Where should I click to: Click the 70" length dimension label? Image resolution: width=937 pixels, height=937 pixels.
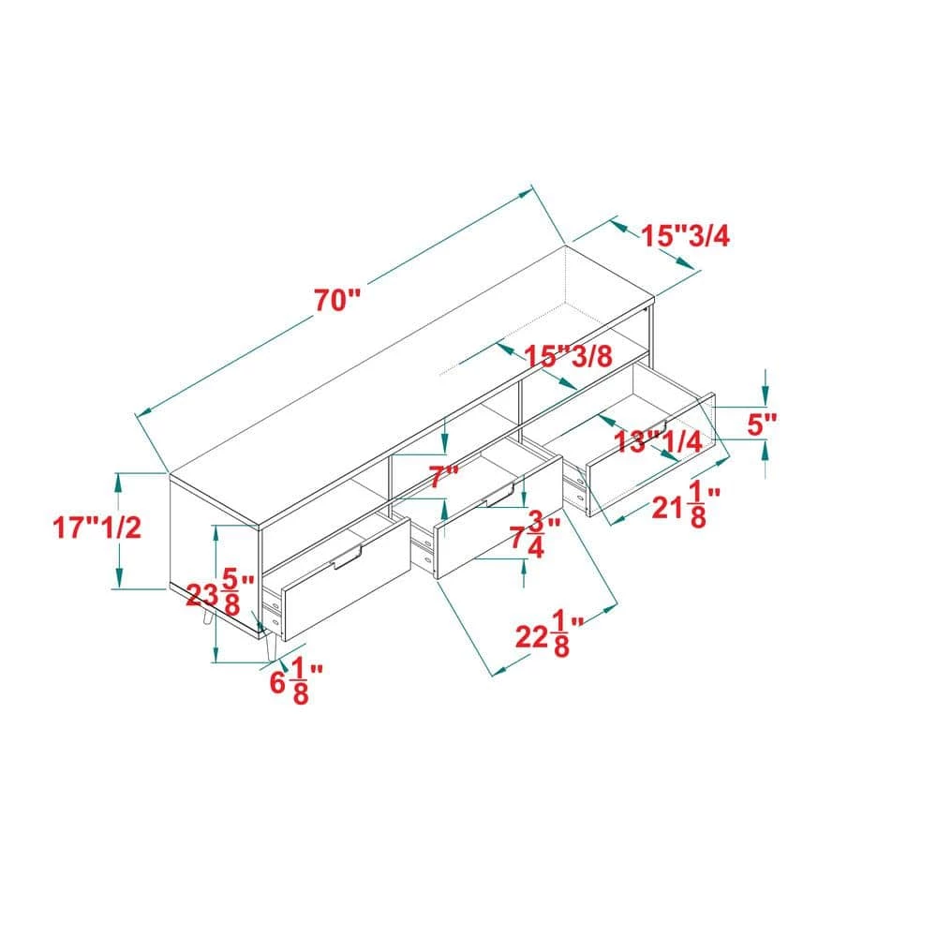click(x=338, y=300)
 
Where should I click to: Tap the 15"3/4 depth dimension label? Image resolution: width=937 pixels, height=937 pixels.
click(x=686, y=236)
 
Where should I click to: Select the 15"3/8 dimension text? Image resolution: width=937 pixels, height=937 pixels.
click(x=569, y=356)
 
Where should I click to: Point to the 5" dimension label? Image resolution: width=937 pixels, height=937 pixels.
click(x=762, y=424)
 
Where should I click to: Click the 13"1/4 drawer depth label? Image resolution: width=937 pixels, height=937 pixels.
click(x=658, y=442)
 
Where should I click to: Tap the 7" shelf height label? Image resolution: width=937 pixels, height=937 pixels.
click(x=444, y=478)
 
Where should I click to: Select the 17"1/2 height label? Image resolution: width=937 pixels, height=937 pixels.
click(x=97, y=528)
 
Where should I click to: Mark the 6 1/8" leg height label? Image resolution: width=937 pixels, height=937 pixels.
click(x=296, y=683)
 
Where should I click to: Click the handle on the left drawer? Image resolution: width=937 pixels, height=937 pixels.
click(x=348, y=557)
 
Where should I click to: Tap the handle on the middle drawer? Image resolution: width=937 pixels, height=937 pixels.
click(x=499, y=495)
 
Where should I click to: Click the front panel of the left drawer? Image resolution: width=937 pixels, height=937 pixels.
click(x=346, y=577)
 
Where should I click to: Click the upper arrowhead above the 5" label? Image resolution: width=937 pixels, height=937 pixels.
click(x=766, y=396)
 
